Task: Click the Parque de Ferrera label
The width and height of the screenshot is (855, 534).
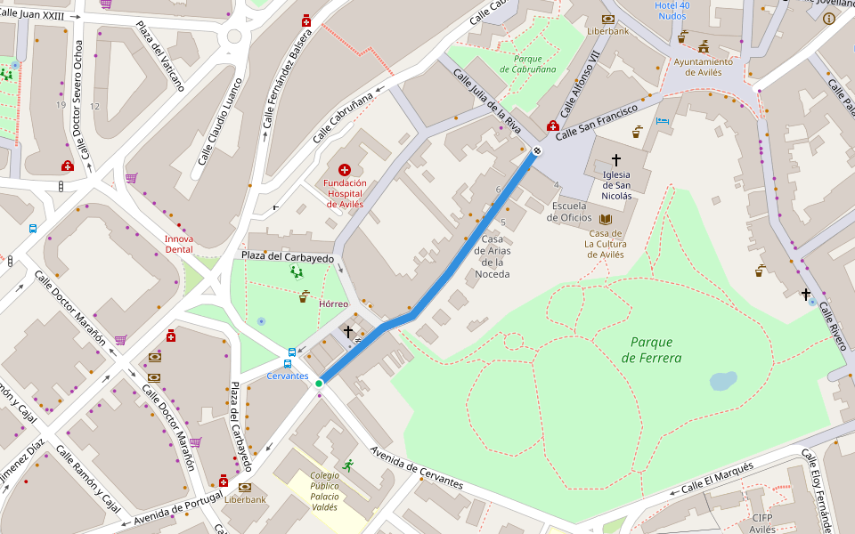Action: point(655,350)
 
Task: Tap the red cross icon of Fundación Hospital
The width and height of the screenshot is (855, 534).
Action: point(345,169)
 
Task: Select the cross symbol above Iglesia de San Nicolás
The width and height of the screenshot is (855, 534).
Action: point(615,158)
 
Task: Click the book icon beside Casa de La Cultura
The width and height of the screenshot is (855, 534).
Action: point(606,219)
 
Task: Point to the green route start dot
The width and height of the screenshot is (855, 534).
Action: point(319,384)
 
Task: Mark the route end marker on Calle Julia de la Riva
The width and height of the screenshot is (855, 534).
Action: point(536,150)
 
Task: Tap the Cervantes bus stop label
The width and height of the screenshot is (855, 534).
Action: point(288,376)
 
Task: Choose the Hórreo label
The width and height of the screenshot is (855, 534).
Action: point(333,303)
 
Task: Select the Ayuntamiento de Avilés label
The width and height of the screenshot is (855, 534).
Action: point(703,67)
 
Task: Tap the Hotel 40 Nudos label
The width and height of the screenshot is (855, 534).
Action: point(672,11)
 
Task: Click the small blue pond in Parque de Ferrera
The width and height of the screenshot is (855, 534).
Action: point(722,381)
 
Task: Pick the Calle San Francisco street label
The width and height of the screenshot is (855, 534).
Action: point(598,121)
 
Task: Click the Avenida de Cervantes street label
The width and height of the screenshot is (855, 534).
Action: point(417,468)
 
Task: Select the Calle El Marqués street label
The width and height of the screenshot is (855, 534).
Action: point(717,479)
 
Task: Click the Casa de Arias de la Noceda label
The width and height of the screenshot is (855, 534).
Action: point(493,256)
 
